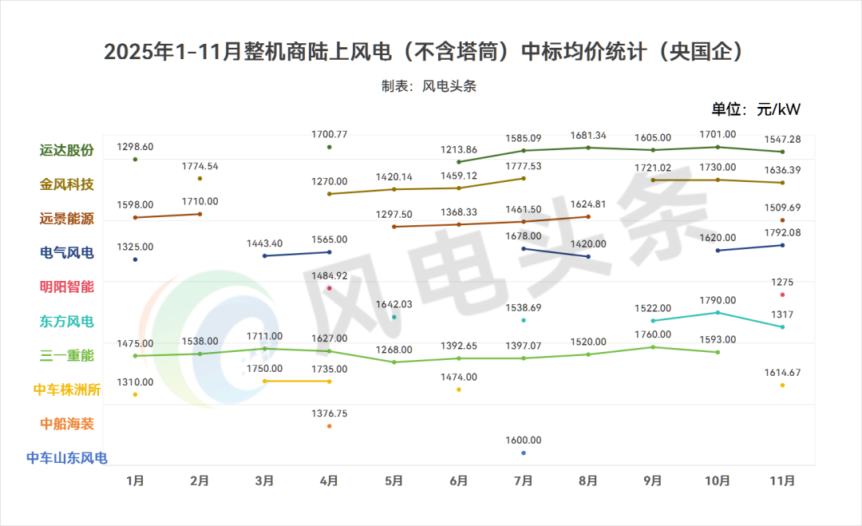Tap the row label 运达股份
[67, 150]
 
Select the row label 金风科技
[67, 184]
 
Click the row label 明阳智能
[67, 287]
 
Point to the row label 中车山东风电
[67, 457]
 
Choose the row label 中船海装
[67, 423]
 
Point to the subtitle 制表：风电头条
[429, 86]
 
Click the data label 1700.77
[330, 135]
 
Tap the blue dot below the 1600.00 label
[524, 453]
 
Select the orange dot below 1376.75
[330, 426]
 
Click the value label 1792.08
[782, 233]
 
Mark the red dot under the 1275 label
[782, 295]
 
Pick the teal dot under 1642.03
[394, 317]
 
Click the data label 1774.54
[200, 166]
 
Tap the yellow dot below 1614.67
[782, 386]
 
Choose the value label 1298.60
[136, 147]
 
